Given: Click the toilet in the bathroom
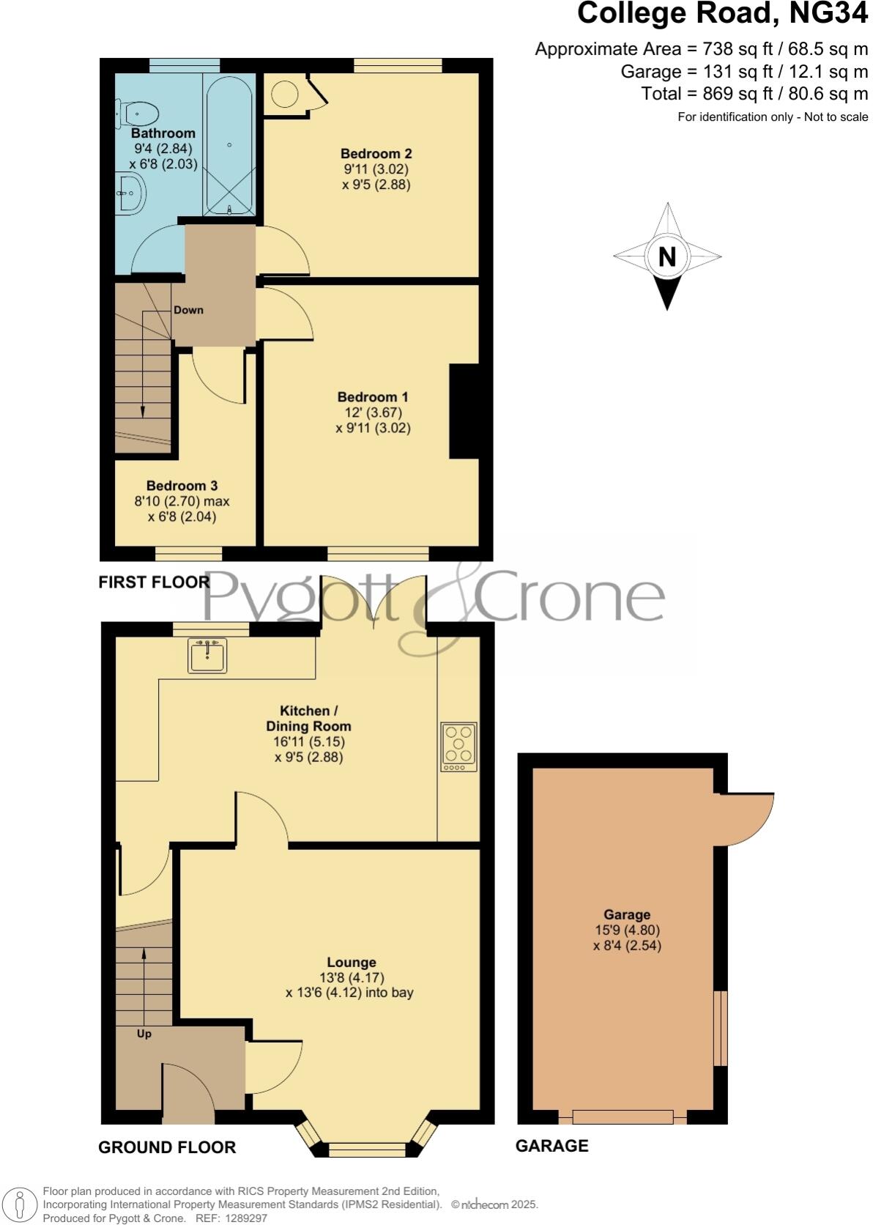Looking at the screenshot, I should tap(138, 114).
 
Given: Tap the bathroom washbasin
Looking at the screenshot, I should tap(131, 193).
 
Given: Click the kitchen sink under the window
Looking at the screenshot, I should tap(207, 654).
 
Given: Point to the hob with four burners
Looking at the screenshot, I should tap(458, 747).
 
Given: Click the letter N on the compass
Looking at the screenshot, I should tap(666, 257).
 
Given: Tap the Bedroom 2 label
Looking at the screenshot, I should tap(376, 154).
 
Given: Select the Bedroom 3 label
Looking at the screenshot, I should tap(182, 486).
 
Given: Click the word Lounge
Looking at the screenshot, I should tap(352, 962).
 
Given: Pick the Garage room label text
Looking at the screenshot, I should tap(627, 914).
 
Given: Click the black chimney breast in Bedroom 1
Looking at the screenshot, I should tap(464, 411).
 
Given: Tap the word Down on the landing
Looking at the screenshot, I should tap(188, 310).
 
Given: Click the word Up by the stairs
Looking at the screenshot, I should tap(144, 1034).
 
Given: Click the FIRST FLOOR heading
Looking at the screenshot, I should tap(155, 582).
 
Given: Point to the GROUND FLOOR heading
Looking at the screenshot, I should tap(167, 1147).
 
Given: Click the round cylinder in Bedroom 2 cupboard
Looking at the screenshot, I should tap(285, 95).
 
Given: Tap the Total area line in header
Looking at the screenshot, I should tap(754, 94).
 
